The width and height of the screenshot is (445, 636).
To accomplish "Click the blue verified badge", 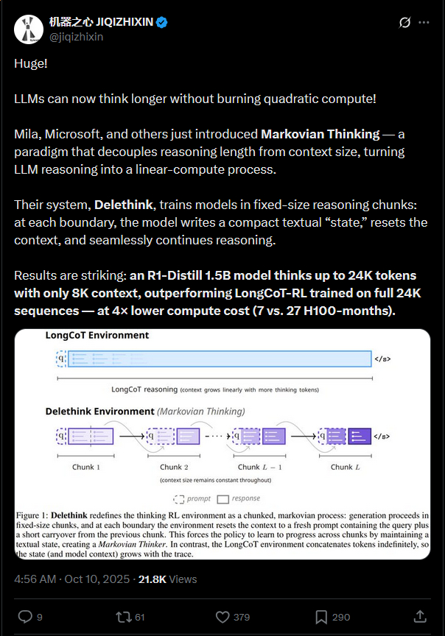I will [x=161, y=23].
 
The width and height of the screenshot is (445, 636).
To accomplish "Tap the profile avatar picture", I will [x=28, y=28].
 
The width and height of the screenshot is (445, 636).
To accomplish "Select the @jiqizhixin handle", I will [x=75, y=37].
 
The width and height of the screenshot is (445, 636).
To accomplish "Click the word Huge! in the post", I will [x=30, y=63].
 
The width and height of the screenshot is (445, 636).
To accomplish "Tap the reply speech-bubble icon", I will [x=24, y=615].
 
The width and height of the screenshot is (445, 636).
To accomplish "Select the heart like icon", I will [x=222, y=615].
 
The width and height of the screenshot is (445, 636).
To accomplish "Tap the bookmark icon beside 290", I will [x=322, y=615].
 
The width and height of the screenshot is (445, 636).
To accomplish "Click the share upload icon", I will [x=420, y=615].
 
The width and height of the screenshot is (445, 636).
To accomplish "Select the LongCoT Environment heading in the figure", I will [x=97, y=336].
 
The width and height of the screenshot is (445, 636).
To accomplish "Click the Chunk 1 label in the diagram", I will [x=86, y=467].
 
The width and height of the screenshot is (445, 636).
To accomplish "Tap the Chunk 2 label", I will [x=175, y=467].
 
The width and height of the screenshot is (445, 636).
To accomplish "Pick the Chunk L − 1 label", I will [x=259, y=467].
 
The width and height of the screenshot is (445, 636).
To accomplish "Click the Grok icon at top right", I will [x=404, y=23].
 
